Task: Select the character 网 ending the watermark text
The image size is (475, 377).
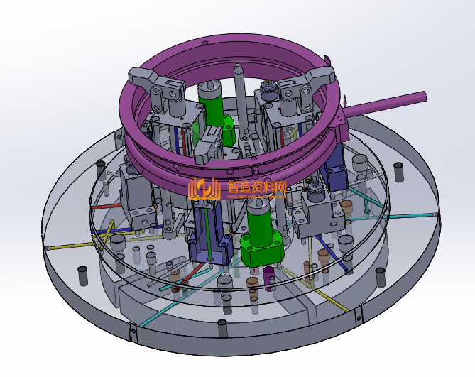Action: click(281, 187)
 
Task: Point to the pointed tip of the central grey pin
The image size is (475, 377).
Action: click(238, 69)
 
